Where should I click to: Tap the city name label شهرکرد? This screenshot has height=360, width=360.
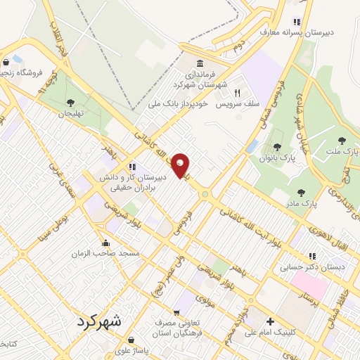[x=97, y=321]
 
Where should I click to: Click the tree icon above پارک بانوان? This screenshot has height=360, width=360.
[x=278, y=147]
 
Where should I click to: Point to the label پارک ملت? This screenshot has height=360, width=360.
[x=343, y=152]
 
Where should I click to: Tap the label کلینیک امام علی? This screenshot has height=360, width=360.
[x=270, y=333]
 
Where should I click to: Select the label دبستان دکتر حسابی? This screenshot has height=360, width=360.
[x=307, y=267]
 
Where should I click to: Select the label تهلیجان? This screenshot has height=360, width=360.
[x=70, y=113]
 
